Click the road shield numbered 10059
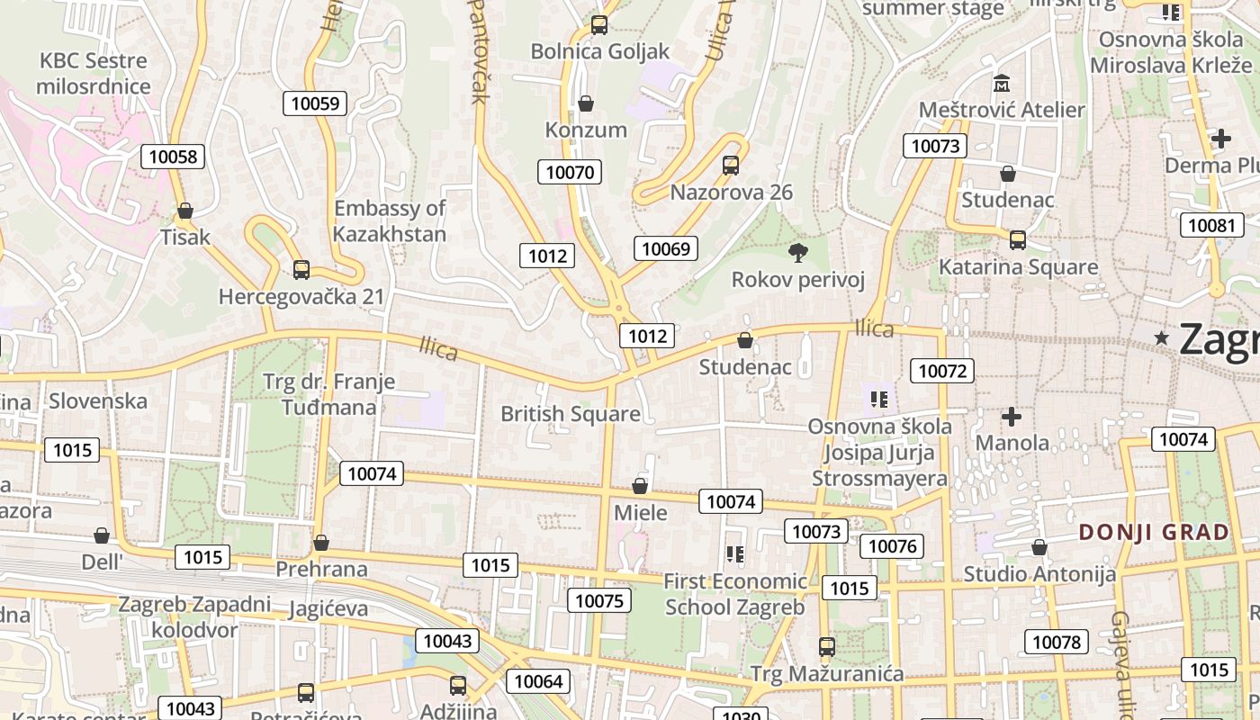(316, 103)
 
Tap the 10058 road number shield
(173, 157)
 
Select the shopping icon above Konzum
(586, 103)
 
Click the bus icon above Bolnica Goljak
(599, 25)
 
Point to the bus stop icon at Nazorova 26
(731, 166)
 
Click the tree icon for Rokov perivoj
(797, 252)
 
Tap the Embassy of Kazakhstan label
(390, 221)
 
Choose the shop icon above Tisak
(185, 211)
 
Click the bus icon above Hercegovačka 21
(301, 269)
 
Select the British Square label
(571, 414)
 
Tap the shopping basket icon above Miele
(640, 487)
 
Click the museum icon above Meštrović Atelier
(1002, 84)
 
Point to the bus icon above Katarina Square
(1018, 240)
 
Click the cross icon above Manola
(1012, 417)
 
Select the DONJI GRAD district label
(1154, 532)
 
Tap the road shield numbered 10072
(942, 370)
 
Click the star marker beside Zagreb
(1162, 338)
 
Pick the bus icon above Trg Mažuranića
(826, 647)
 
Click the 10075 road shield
(599, 600)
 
